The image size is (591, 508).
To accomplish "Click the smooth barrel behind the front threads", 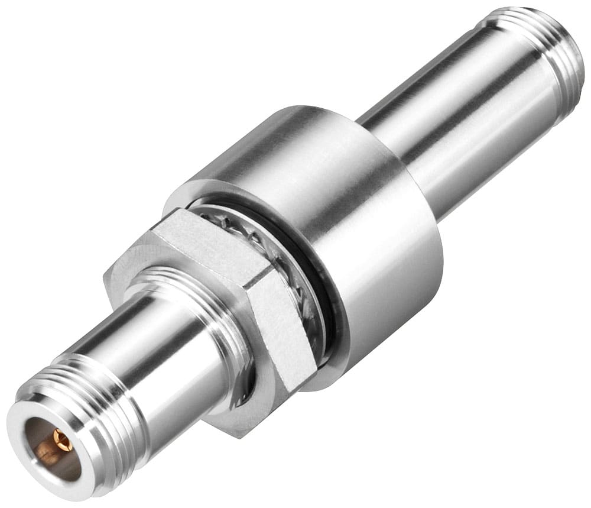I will (177, 349).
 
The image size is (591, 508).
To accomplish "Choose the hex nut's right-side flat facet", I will (284, 331).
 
